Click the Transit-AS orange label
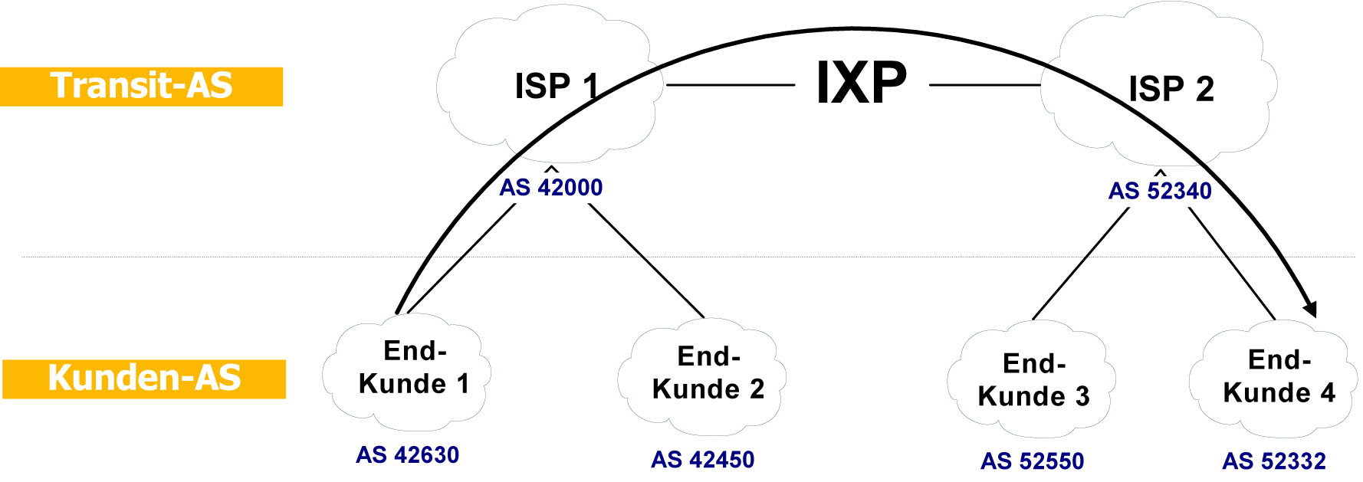click(x=141, y=86)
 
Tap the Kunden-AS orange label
click(x=144, y=379)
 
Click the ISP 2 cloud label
click(x=1171, y=90)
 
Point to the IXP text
click(x=861, y=83)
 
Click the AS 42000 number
click(x=551, y=188)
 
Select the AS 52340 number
click(x=1160, y=191)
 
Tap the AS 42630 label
click(x=407, y=455)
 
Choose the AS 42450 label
click(x=702, y=460)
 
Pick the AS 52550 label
click(x=1032, y=461)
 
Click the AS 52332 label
click(x=1273, y=461)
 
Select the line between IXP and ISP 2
click(x=984, y=84)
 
